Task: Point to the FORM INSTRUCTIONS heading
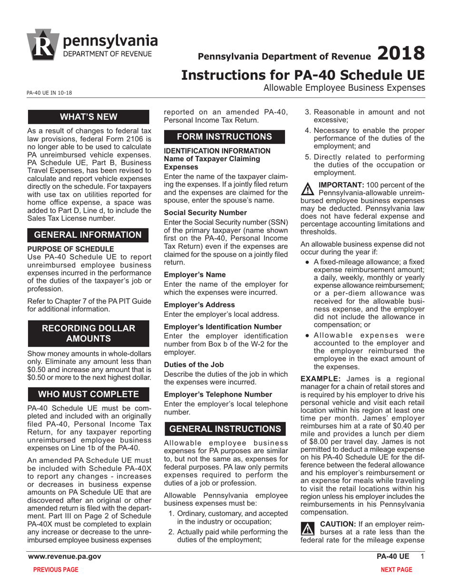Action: pyautogui.click(x=225, y=136)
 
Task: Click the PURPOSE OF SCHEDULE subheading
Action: pyautogui.click(x=70, y=249)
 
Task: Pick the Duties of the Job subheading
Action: pyautogui.click(x=194, y=365)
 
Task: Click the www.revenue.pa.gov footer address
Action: pyautogui.click(x=64, y=556)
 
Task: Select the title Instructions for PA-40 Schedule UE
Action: pyautogui.click(x=303, y=76)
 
